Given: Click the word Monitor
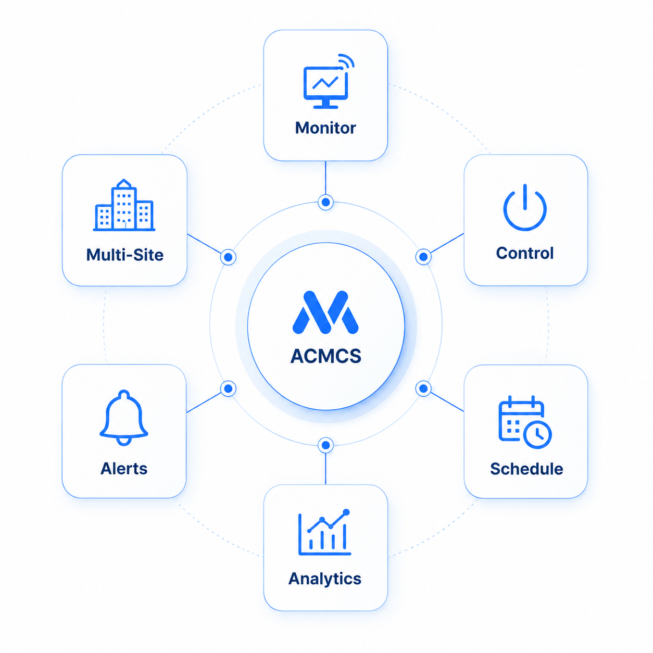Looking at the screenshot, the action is point(325,128).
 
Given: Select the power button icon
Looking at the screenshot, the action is point(524,207).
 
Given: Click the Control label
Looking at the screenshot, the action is point(524,253).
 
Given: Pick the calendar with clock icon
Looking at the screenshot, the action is point(525,422).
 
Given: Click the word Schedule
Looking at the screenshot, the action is point(526,469).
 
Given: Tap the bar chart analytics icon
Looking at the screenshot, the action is point(324,532).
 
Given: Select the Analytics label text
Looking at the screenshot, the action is point(324,579).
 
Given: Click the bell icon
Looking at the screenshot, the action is point(124,418).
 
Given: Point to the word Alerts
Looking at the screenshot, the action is point(124,469).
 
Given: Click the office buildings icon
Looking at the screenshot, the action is point(124,205).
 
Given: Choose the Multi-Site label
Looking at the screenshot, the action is point(124,255).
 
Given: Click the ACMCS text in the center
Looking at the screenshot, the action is point(325,356).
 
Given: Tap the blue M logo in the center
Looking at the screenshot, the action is point(325,312).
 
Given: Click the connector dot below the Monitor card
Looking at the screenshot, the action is point(325,202).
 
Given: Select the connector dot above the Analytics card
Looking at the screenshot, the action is point(325,445).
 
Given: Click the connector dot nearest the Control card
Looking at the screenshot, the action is point(423,257).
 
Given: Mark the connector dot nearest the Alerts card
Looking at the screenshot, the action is point(228,388).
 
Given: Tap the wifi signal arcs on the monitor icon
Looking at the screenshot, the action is point(346,61).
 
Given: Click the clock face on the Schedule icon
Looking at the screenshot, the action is point(538,435).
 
